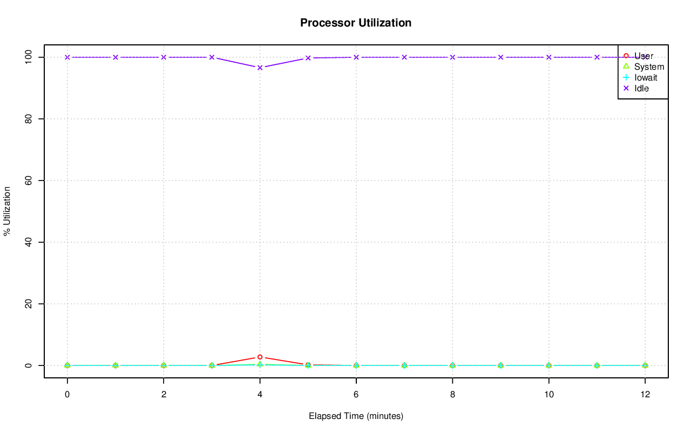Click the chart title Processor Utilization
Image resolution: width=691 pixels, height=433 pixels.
pyautogui.click(x=356, y=23)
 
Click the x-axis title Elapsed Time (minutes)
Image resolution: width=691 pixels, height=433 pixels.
pyautogui.click(x=356, y=416)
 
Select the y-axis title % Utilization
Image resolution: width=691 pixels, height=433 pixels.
pyautogui.click(x=7, y=211)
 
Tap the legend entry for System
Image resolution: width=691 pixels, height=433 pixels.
pyautogui.click(x=649, y=66)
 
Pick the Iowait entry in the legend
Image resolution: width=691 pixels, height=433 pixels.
pyautogui.click(x=646, y=77)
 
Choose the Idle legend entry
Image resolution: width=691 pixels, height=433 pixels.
pyautogui.click(x=641, y=88)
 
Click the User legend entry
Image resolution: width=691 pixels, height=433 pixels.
pyautogui.click(x=643, y=56)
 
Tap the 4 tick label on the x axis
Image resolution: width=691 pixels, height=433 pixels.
pyautogui.click(x=260, y=395)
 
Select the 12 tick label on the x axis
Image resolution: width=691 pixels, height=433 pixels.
pyautogui.click(x=645, y=395)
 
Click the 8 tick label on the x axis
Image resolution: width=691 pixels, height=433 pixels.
pyautogui.click(x=452, y=395)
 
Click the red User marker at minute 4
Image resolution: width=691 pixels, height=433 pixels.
pyautogui.click(x=260, y=357)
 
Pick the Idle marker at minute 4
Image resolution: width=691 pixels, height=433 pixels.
pyautogui.click(x=260, y=68)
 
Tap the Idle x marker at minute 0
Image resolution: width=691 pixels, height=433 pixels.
pyautogui.click(x=67, y=57)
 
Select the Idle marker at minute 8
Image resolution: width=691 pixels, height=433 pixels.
pyautogui.click(x=452, y=57)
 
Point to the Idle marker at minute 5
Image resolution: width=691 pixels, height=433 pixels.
pyautogui.click(x=308, y=58)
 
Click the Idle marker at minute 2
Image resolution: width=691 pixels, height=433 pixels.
pyautogui.click(x=164, y=57)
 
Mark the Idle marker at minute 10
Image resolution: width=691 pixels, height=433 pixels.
pyautogui.click(x=548, y=57)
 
